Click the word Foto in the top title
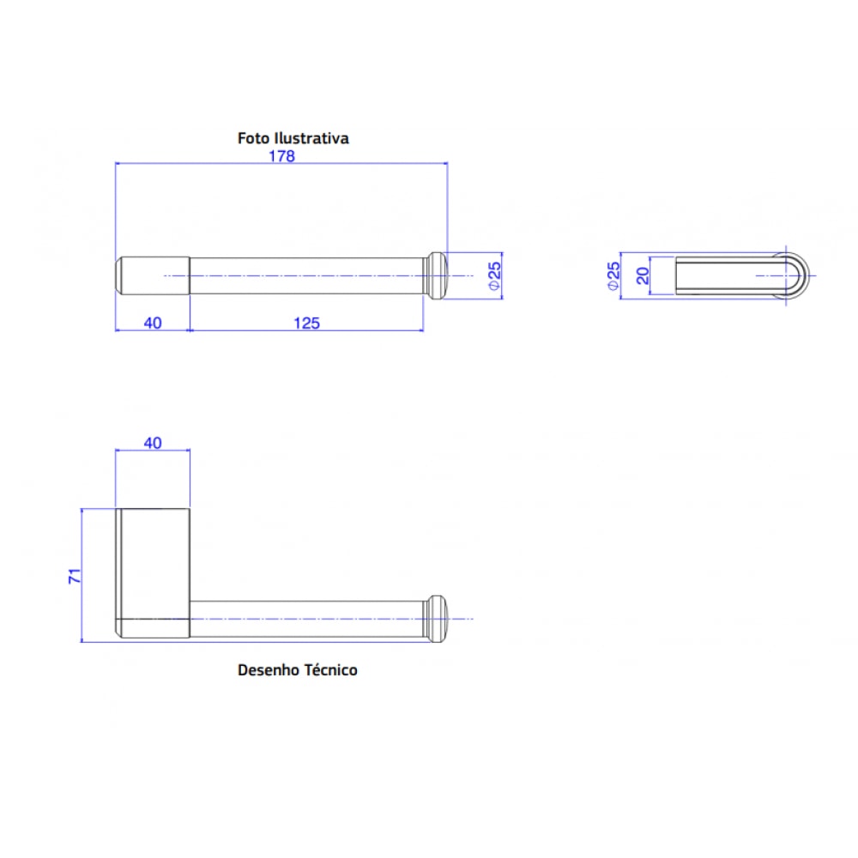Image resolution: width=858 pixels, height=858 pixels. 253,138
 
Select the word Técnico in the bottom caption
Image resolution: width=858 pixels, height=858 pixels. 330,670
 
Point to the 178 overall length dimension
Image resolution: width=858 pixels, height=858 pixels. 282,156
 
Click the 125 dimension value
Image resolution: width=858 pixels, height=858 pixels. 306,323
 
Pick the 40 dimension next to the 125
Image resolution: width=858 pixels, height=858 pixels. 152,323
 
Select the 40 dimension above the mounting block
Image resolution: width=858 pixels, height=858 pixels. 152,443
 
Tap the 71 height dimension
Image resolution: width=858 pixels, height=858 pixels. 76,576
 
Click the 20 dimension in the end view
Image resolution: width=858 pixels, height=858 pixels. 642,275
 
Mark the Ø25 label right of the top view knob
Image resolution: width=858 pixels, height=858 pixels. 494,275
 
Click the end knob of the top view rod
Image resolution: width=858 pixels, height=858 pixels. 437,275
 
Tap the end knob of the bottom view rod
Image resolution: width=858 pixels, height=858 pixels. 437,619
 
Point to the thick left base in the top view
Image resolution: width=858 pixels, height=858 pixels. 152,275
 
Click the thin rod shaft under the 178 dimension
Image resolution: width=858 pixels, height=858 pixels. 305,275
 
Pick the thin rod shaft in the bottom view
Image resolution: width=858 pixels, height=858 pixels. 305,619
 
